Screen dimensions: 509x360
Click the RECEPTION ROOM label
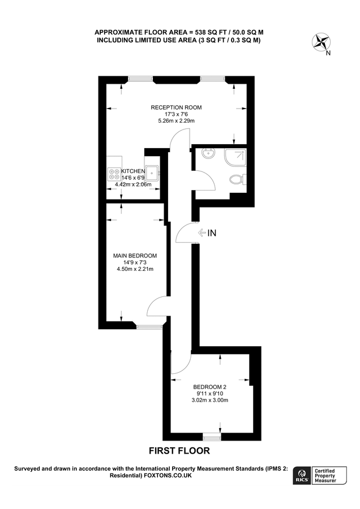(175, 107)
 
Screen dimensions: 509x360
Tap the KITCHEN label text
(134, 171)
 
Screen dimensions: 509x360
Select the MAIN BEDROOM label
(135, 256)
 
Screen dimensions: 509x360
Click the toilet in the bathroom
(238, 180)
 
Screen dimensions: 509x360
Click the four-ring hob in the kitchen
(113, 174)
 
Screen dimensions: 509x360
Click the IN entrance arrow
(207, 232)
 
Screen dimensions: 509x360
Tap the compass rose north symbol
(323, 42)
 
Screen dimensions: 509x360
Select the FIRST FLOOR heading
(179, 451)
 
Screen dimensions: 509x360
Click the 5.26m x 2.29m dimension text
(175, 120)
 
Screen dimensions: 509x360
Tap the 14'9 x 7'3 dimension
(135, 262)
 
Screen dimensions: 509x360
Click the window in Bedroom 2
(212, 437)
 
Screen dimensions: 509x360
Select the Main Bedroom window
(149, 326)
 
